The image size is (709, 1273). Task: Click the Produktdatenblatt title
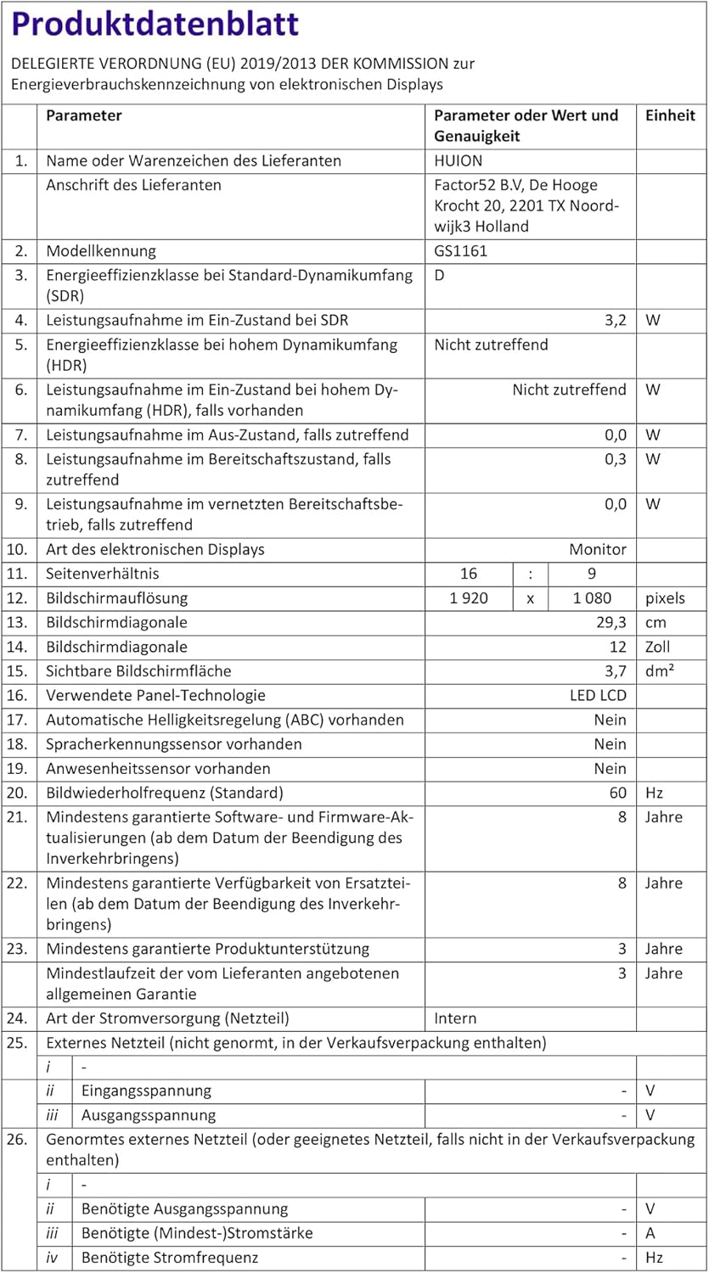click(x=155, y=24)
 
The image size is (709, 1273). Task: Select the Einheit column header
click(x=670, y=116)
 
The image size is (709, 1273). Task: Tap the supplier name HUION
click(x=458, y=160)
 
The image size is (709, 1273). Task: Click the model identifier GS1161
click(x=460, y=251)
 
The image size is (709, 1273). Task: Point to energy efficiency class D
click(x=440, y=276)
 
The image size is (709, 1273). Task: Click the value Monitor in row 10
click(x=598, y=549)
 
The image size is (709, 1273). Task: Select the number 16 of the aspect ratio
click(x=468, y=574)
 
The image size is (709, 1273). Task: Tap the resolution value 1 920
click(x=469, y=598)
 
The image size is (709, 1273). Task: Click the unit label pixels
click(x=665, y=598)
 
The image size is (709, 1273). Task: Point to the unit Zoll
click(x=657, y=647)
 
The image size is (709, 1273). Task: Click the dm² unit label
click(x=660, y=671)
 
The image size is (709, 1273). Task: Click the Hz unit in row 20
click(x=654, y=794)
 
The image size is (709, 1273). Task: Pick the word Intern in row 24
click(x=455, y=1018)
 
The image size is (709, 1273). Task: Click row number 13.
click(x=20, y=622)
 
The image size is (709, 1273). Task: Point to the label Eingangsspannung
click(x=146, y=1091)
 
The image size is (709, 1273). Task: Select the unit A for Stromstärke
click(x=650, y=1233)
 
